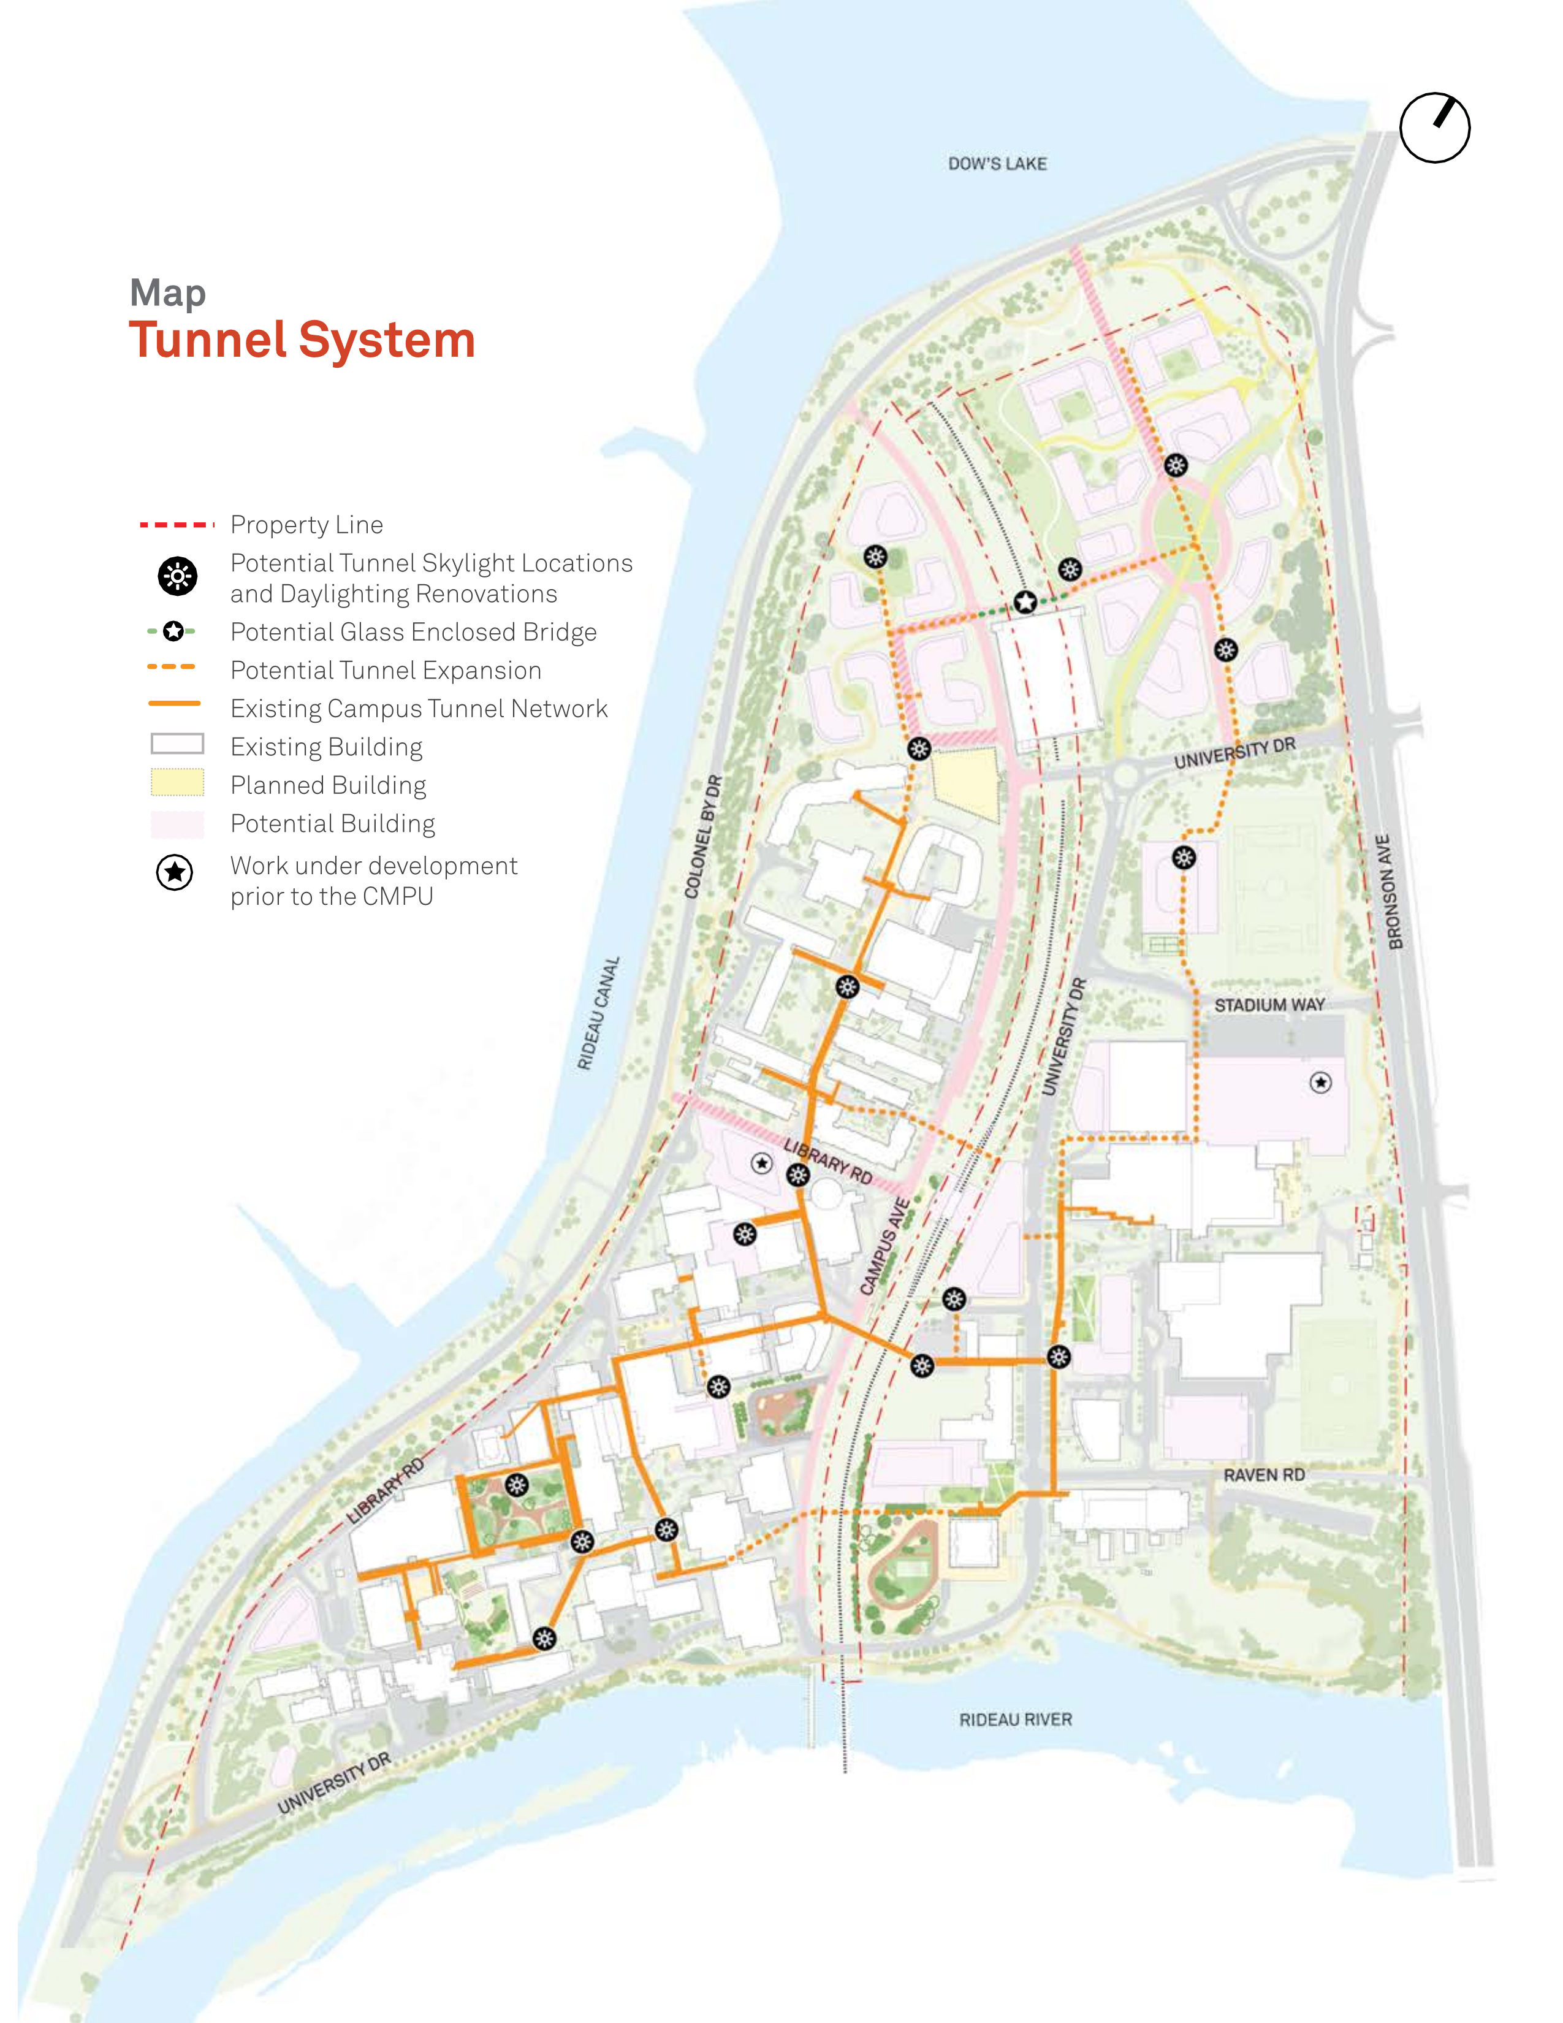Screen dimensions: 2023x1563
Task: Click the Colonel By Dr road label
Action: (703, 836)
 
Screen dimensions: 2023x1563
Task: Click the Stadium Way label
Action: (1269, 1005)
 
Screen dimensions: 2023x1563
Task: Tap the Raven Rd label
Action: (1263, 1474)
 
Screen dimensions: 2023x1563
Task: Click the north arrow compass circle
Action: (1434, 128)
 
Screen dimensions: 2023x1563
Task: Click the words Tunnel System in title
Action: (302, 340)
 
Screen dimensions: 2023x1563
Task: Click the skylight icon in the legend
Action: (177, 576)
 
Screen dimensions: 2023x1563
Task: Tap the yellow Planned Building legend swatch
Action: (177, 783)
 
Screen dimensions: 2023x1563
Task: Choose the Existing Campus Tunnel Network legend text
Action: (419, 709)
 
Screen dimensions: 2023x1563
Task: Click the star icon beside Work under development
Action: (174, 872)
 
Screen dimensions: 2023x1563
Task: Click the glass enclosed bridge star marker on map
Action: (1024, 602)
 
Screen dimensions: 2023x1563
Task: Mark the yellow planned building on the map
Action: (967, 783)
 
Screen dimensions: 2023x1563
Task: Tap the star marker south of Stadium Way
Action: (1320, 1082)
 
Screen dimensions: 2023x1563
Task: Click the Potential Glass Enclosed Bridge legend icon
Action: (172, 631)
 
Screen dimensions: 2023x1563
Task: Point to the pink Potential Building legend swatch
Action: (177, 823)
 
